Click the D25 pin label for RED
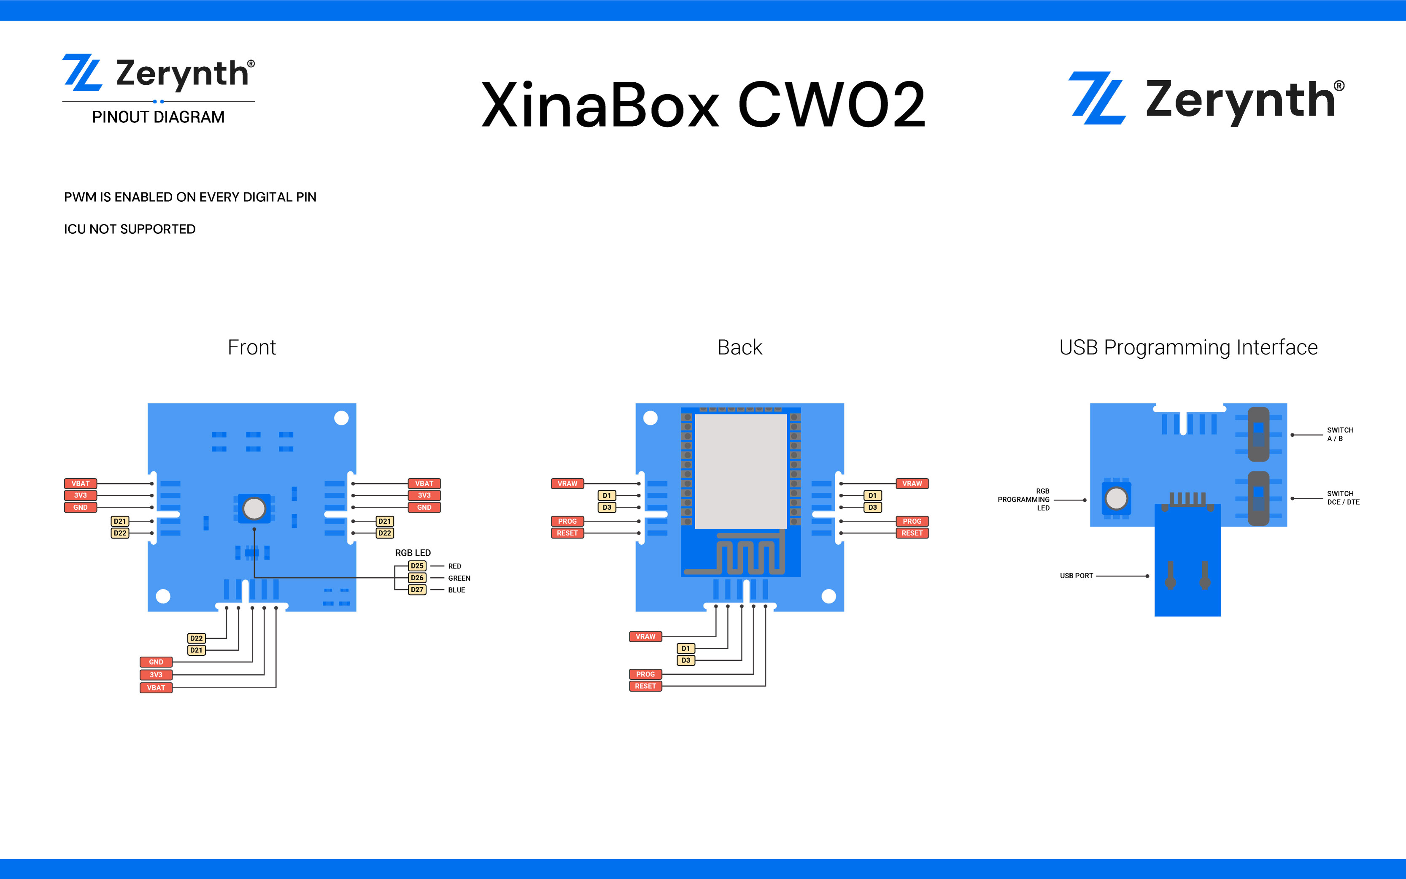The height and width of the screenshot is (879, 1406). tap(417, 565)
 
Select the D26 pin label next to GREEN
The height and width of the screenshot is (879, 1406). tap(417, 578)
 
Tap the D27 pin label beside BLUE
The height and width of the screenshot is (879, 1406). tap(417, 590)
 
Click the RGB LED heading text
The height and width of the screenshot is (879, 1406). tap(413, 553)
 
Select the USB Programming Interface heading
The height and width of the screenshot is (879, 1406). tap(1188, 348)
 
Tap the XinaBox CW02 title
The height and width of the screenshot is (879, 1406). tap(703, 105)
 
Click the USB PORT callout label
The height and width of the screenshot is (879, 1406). tap(1076, 576)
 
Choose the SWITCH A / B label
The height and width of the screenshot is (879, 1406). tap(1340, 434)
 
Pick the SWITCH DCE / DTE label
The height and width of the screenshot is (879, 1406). tap(1343, 498)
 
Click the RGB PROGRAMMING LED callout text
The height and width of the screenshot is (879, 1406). tap(1024, 499)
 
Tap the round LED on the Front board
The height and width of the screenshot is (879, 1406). tap(254, 508)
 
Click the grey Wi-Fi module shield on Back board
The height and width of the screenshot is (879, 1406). tap(741, 471)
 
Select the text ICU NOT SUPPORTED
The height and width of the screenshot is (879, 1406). tap(130, 229)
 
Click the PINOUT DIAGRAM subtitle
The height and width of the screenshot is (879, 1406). tap(158, 117)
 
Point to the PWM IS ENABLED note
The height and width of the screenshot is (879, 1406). tap(190, 197)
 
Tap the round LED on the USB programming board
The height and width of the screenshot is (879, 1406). tap(1116, 498)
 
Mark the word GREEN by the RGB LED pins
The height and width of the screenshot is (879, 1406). tap(459, 578)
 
